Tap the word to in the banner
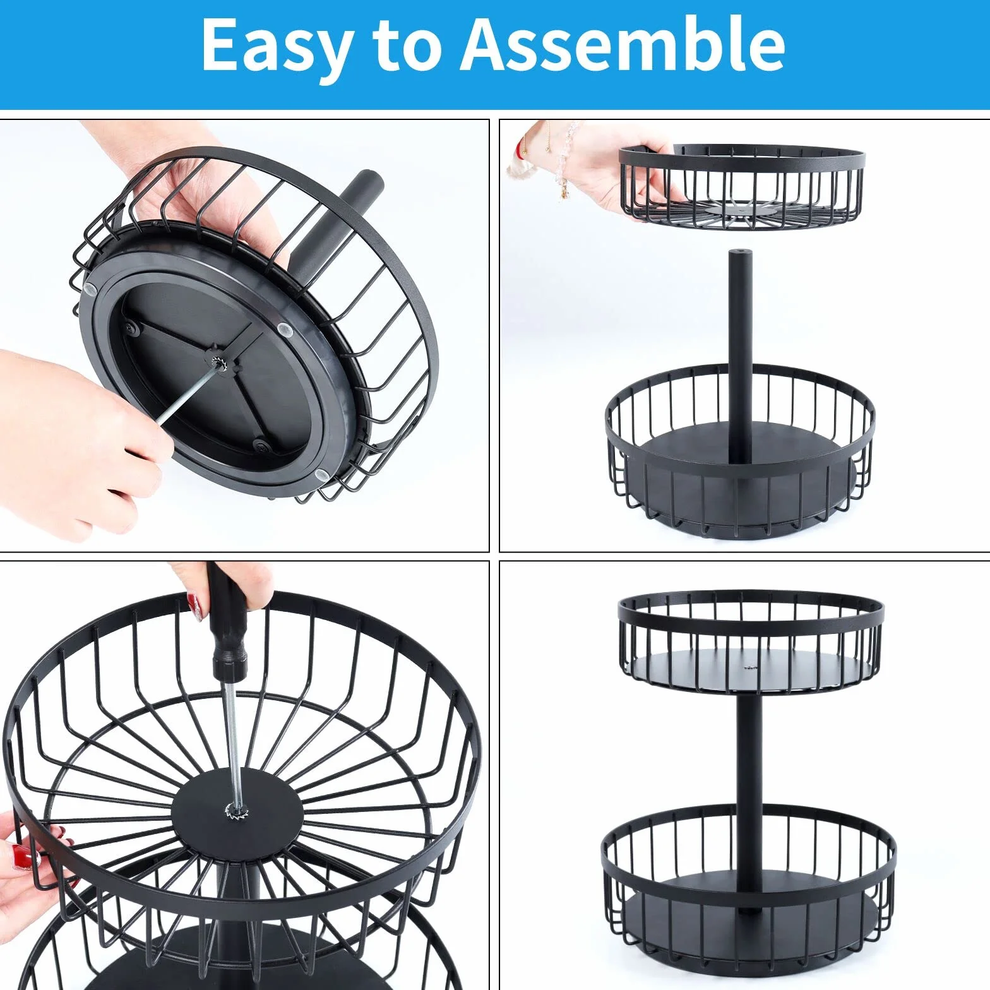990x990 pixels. [x=408, y=44]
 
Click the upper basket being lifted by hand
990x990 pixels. [x=742, y=186]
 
